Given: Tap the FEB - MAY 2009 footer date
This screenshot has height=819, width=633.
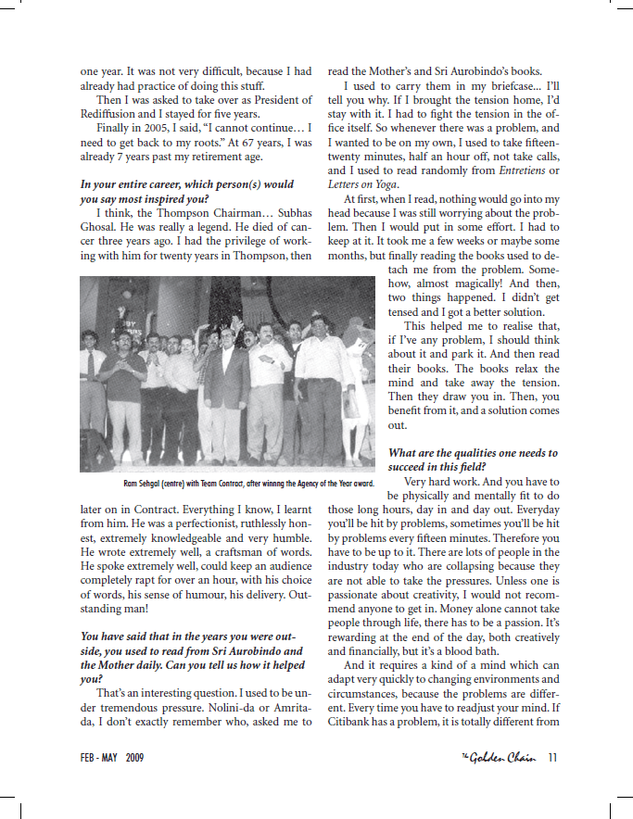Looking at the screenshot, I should coord(112,757).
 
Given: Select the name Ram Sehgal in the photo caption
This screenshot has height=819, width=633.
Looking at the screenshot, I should coord(146,484).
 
